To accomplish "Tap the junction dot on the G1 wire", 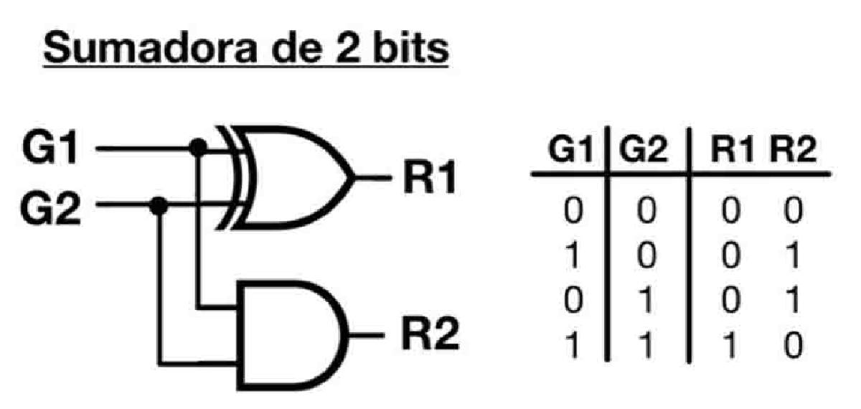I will tap(199, 149).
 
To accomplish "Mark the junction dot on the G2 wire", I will tap(161, 206).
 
